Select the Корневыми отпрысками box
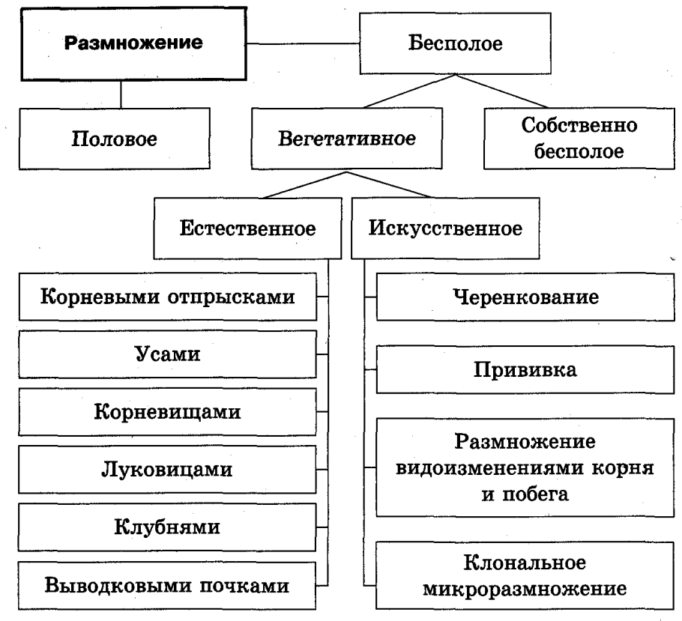tap(166, 297)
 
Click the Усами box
tap(166, 354)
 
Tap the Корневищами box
tap(166, 411)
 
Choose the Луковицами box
tap(166, 470)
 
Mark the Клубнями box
tap(166, 527)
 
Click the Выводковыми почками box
tap(166, 584)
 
